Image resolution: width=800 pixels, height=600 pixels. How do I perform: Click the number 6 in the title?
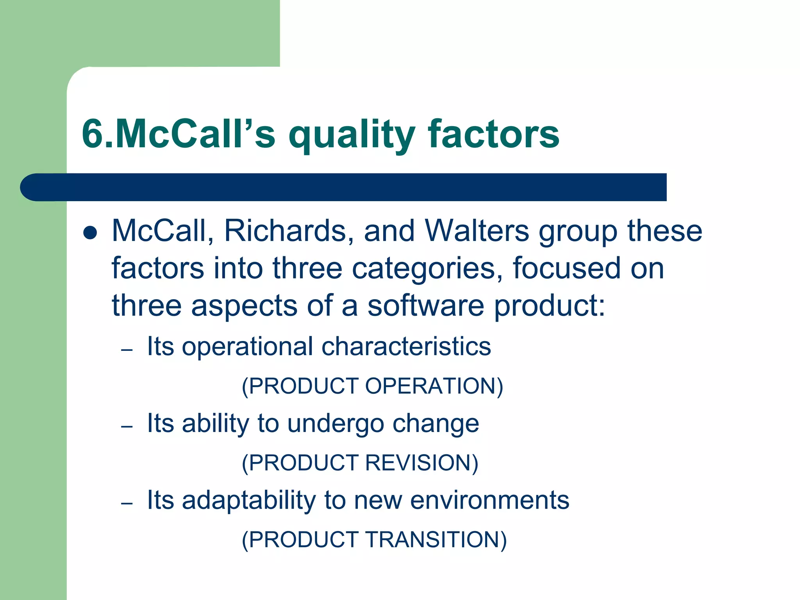pyautogui.click(x=93, y=134)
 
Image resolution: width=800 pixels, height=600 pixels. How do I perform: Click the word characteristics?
pyautogui.click(x=406, y=346)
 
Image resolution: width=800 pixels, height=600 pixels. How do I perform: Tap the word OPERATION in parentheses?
pyautogui.click(x=434, y=386)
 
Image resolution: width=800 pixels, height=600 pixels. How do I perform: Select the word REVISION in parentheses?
pyautogui.click(x=421, y=463)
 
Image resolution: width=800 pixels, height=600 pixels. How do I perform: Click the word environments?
pyautogui.click(x=489, y=500)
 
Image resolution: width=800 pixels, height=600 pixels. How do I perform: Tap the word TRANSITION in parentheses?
pyautogui.click(x=436, y=539)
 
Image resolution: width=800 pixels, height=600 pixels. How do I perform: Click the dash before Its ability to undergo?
pyautogui.click(x=127, y=426)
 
